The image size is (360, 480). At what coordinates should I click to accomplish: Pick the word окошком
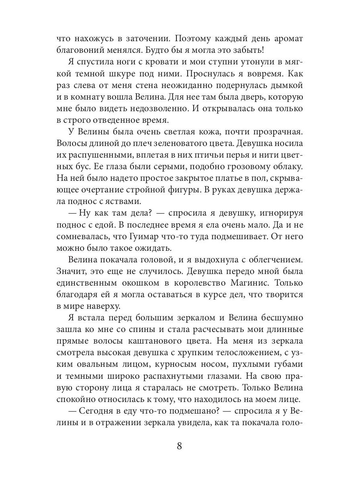click(x=134, y=283)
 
